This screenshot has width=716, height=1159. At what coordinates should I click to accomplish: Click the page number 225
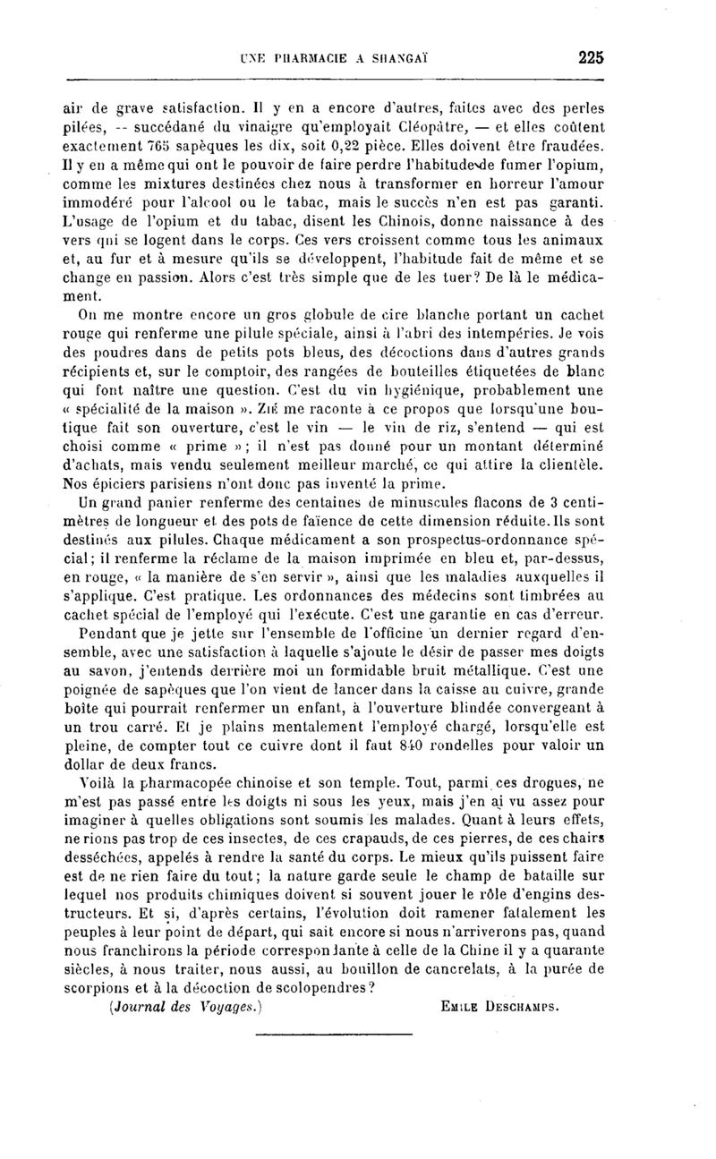click(x=592, y=57)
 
